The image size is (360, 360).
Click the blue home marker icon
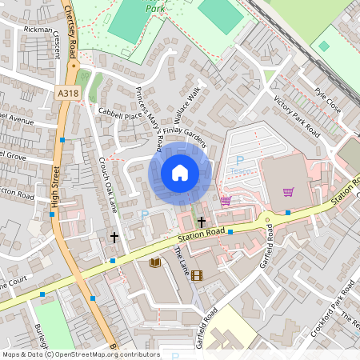point(180,173)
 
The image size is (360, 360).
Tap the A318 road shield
point(68,94)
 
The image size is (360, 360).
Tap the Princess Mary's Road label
point(150,117)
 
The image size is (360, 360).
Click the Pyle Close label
point(328,99)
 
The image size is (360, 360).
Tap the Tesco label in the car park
point(239,170)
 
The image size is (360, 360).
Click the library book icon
point(154,262)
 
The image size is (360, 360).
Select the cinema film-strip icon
point(197,275)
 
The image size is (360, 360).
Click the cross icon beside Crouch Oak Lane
point(114,238)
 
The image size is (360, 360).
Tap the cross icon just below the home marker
point(201,221)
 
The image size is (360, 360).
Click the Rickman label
point(38,30)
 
